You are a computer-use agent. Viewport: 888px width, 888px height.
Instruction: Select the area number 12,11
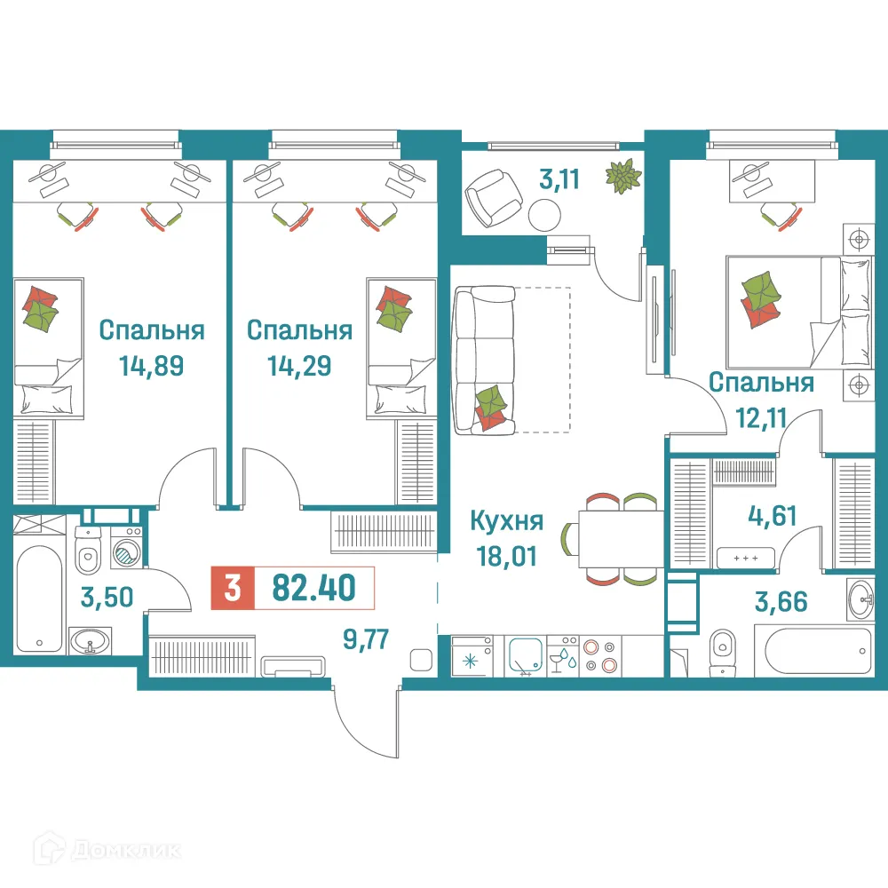tap(760, 416)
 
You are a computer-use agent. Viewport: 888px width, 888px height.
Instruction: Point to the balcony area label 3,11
tap(559, 180)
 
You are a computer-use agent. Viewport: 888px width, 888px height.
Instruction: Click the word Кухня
tap(506, 522)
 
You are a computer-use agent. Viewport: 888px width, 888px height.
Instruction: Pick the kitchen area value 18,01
tap(506, 557)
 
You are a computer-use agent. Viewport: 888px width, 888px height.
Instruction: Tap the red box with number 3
tap(232, 588)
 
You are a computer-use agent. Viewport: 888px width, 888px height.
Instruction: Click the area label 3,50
tap(107, 596)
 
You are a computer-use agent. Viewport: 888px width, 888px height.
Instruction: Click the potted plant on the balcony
tap(623, 175)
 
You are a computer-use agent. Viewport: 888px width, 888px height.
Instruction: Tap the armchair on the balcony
tap(494, 196)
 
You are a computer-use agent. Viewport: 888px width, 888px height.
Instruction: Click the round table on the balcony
tap(544, 214)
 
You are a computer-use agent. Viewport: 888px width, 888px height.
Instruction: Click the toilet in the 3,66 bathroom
tap(724, 645)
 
